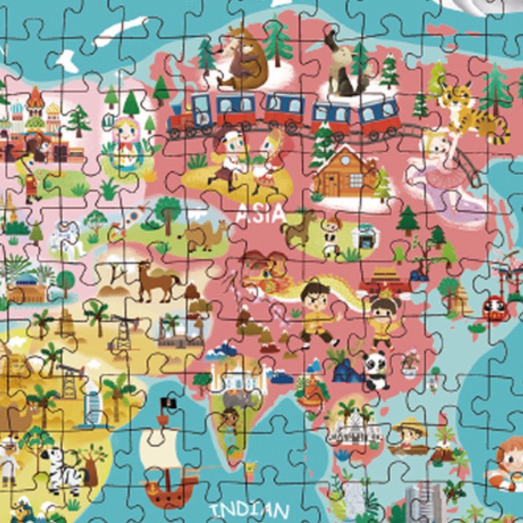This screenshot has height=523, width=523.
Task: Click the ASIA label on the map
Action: [259, 213]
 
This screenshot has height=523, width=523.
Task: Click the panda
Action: [375, 369]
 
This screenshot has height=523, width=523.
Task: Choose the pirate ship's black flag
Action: [168, 403]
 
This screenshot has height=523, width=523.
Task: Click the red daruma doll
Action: [494, 308]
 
